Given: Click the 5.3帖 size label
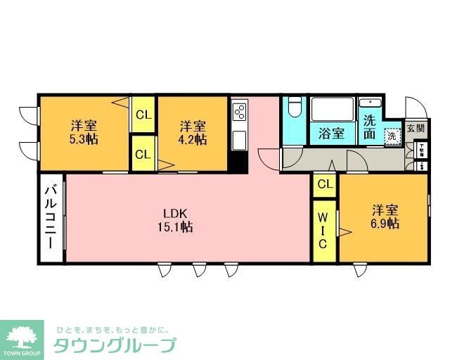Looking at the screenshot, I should tap(84, 140).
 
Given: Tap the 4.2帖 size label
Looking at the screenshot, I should tap(192, 140).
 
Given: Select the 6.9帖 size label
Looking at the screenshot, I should tap(385, 224).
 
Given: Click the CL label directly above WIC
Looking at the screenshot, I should tap(324, 185).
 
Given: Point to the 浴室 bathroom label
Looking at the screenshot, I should tap(331, 133).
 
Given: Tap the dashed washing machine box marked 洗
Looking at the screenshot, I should tap(391, 135).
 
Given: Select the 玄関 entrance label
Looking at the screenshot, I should tap(416, 129).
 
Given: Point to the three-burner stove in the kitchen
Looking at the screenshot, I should tap(240, 112).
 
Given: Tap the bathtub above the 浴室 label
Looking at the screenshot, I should tap(332, 110).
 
